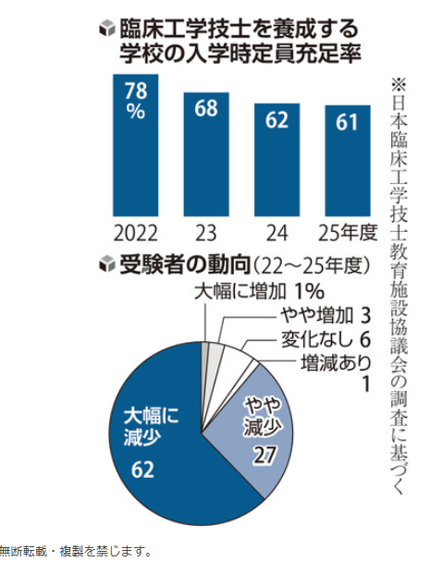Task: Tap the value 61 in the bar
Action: [x=347, y=124]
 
